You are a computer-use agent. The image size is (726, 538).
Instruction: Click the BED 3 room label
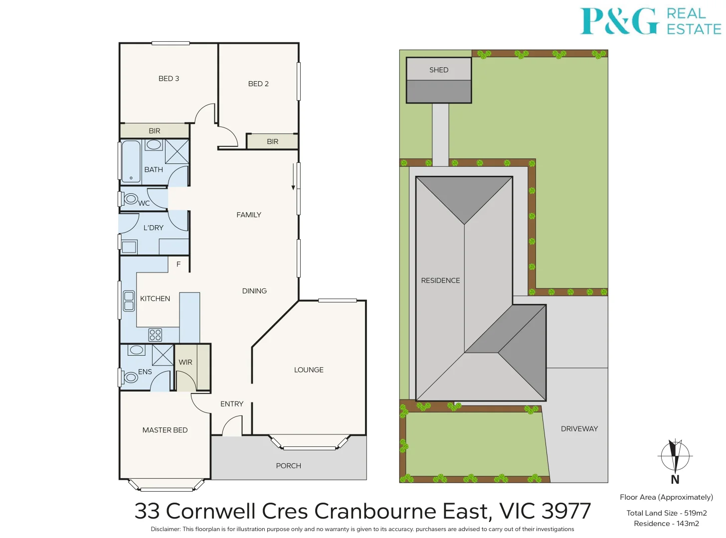[169, 79]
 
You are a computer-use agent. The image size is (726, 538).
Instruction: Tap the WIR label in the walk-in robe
[185, 362]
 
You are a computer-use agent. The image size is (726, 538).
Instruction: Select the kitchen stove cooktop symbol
[155, 335]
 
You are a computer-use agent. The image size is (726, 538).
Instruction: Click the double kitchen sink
[129, 301]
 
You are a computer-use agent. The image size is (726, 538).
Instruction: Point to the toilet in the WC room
[129, 199]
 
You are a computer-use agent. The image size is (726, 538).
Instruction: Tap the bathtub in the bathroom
[131, 162]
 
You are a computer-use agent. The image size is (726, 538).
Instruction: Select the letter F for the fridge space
[179, 264]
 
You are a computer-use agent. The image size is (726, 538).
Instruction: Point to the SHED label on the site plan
[439, 70]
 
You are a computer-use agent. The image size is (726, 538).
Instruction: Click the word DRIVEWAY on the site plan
[579, 429]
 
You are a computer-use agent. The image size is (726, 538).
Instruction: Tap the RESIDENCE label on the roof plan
[441, 280]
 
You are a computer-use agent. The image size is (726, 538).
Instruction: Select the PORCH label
[288, 466]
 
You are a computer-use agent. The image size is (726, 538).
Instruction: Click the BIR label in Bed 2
[273, 141]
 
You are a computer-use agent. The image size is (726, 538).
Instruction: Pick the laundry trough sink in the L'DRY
[129, 247]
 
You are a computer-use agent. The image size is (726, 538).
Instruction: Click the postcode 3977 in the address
[566, 511]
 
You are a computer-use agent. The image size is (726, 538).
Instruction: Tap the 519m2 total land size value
[696, 513]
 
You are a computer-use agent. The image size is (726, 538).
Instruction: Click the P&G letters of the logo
[620, 21]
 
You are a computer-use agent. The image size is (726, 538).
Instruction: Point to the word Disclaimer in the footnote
[165, 529]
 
